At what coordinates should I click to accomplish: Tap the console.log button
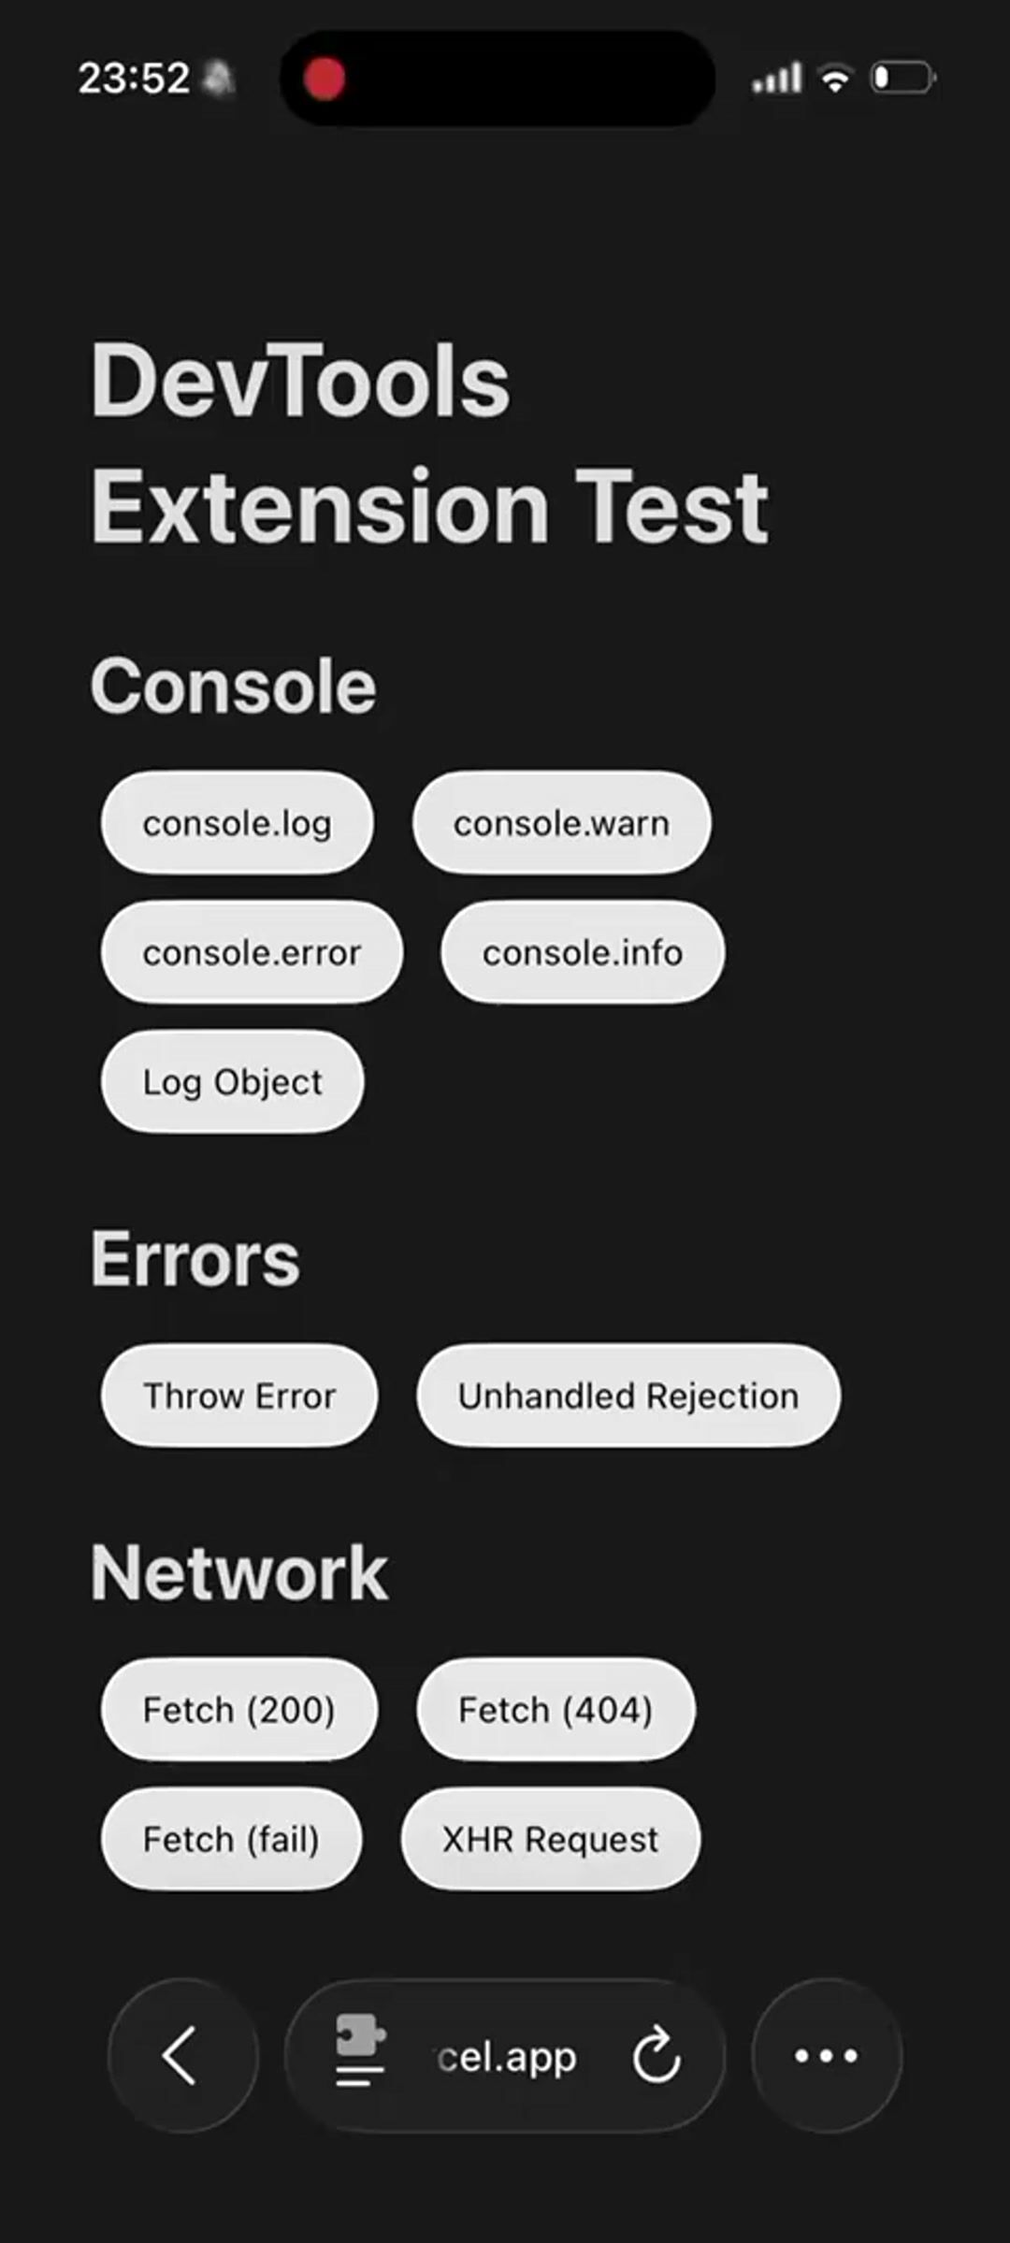[x=237, y=823]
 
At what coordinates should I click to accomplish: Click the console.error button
[x=252, y=952]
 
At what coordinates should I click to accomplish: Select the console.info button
[x=582, y=952]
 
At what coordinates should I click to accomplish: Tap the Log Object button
[x=232, y=1081]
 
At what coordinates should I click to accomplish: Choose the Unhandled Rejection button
[x=628, y=1396]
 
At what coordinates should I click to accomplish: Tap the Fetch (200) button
[x=238, y=1710]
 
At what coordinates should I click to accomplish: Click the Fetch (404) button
[x=555, y=1710]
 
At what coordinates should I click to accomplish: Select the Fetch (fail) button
[x=230, y=1839]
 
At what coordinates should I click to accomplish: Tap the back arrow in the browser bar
[x=181, y=2055]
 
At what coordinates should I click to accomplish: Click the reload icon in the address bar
[x=656, y=2055]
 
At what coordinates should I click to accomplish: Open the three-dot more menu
[x=826, y=2055]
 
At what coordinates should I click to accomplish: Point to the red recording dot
[x=325, y=79]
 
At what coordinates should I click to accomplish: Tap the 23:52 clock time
[x=134, y=79]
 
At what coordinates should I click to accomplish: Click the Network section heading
[x=238, y=1573]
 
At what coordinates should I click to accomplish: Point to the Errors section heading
[x=195, y=1259]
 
